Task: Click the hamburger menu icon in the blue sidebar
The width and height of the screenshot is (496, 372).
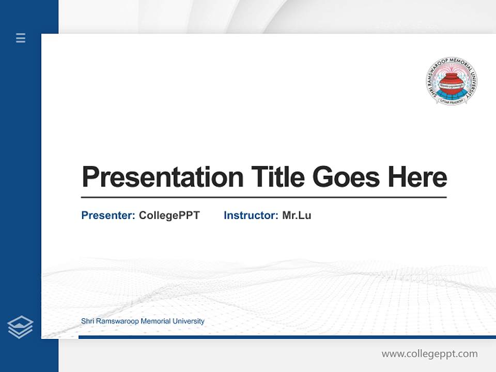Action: [21, 38]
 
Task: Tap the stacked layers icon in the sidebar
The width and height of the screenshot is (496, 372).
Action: [20, 327]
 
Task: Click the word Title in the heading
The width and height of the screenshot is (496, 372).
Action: [278, 177]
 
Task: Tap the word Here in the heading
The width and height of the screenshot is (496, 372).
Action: [417, 177]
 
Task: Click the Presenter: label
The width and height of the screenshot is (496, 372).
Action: [109, 215]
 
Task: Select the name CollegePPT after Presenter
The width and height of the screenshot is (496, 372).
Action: [169, 215]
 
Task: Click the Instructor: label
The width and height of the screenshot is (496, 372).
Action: [251, 215]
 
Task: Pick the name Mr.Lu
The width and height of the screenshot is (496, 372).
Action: [297, 215]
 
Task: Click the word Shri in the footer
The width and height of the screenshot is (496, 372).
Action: [88, 321]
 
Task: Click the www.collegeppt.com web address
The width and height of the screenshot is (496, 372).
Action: [429, 354]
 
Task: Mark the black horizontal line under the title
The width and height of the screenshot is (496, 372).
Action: [263, 197]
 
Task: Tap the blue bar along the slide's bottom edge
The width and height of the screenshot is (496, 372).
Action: [287, 337]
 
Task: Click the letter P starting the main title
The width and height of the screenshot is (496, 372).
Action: [90, 177]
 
